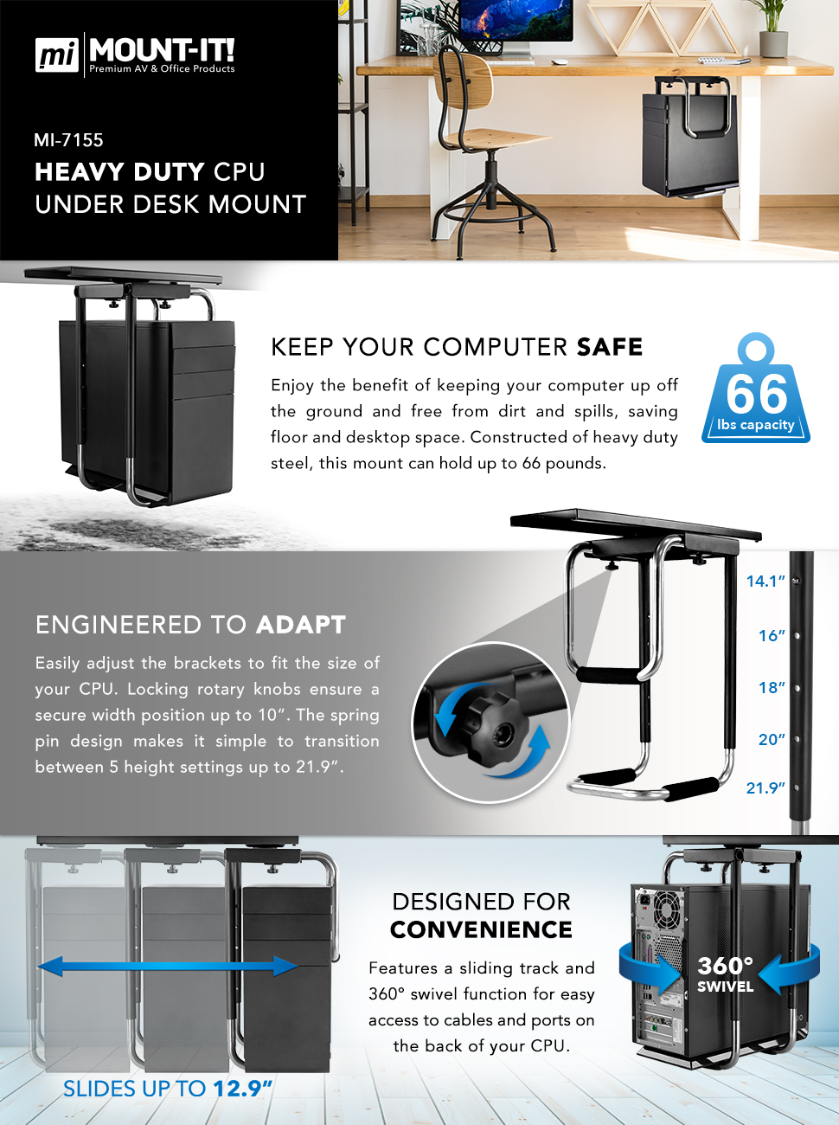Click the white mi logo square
click(57, 55)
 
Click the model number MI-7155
click(68, 140)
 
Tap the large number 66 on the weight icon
click(756, 395)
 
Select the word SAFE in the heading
click(610, 347)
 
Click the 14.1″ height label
click(765, 582)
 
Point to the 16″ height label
click(772, 636)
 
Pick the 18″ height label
click(772, 688)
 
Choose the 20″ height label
click(772, 740)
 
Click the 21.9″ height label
click(765, 788)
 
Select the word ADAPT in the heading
click(301, 625)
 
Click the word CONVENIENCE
click(481, 930)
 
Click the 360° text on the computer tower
click(725, 966)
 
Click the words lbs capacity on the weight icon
click(755, 425)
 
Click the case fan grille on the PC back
click(668, 910)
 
